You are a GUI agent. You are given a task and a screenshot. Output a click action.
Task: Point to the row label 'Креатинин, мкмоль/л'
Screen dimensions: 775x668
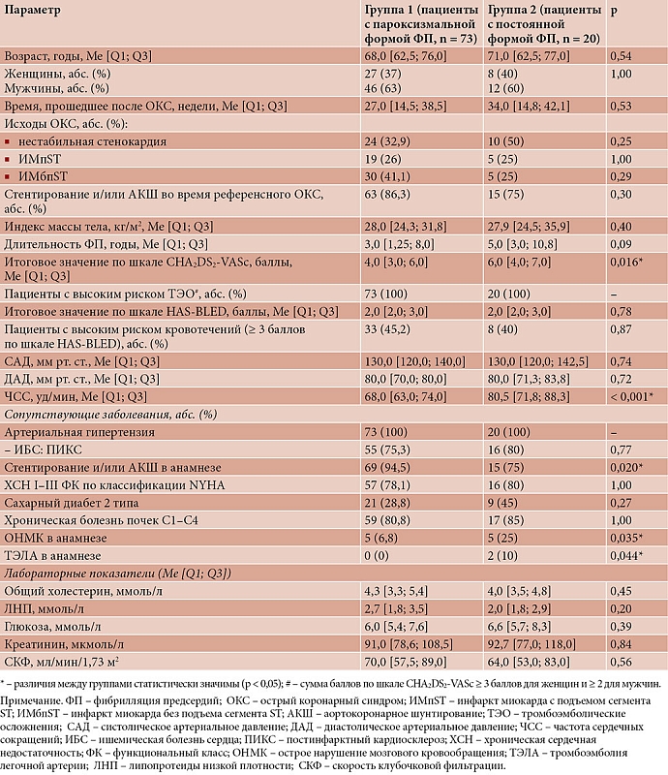pyautogui.click(x=63, y=641)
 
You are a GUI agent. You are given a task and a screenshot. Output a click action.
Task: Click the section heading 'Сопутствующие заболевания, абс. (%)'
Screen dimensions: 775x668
pyautogui.click(x=110, y=414)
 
